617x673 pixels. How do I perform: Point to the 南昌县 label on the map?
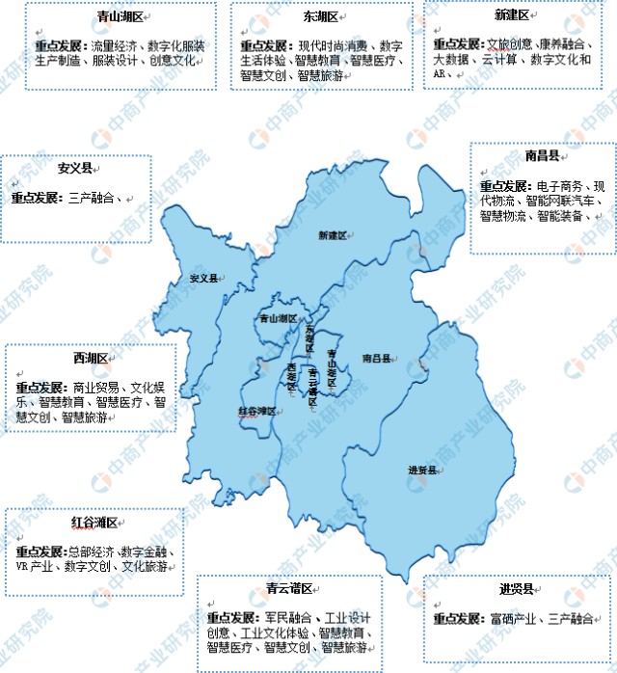(x=375, y=358)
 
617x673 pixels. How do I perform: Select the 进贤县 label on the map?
(x=422, y=470)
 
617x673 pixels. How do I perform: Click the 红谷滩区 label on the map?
(x=256, y=411)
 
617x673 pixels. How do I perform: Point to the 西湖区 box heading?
(x=89, y=359)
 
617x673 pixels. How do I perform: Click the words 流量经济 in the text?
(x=114, y=45)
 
